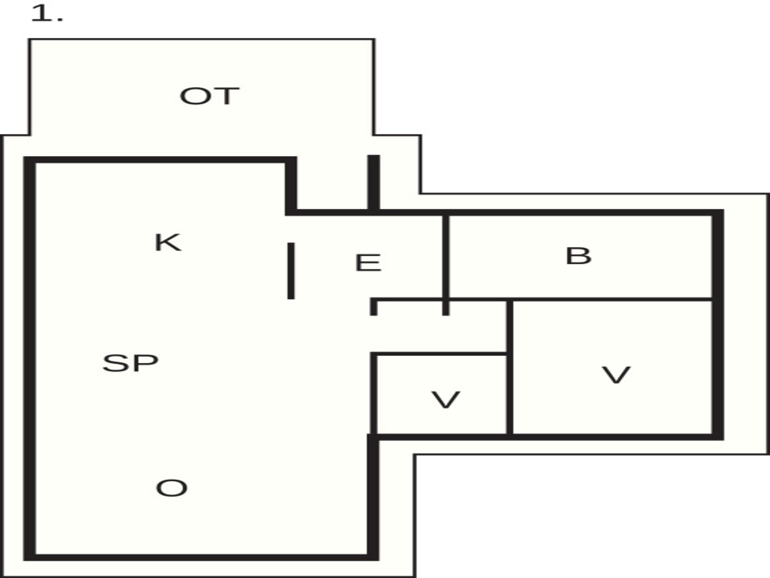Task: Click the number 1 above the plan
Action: [x=41, y=14]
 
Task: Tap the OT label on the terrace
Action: [x=210, y=96]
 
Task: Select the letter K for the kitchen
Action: [x=168, y=242]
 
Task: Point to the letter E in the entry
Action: [x=368, y=263]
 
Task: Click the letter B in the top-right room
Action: [x=578, y=256]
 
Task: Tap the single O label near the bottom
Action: [x=172, y=488]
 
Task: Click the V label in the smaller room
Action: [x=446, y=400]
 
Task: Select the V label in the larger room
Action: [x=616, y=375]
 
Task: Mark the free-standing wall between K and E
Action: [x=291, y=271]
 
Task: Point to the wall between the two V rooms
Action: [x=510, y=367]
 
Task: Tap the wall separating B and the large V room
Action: [x=612, y=299]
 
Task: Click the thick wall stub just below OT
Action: [x=374, y=183]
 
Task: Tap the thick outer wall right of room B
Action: [x=718, y=324]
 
